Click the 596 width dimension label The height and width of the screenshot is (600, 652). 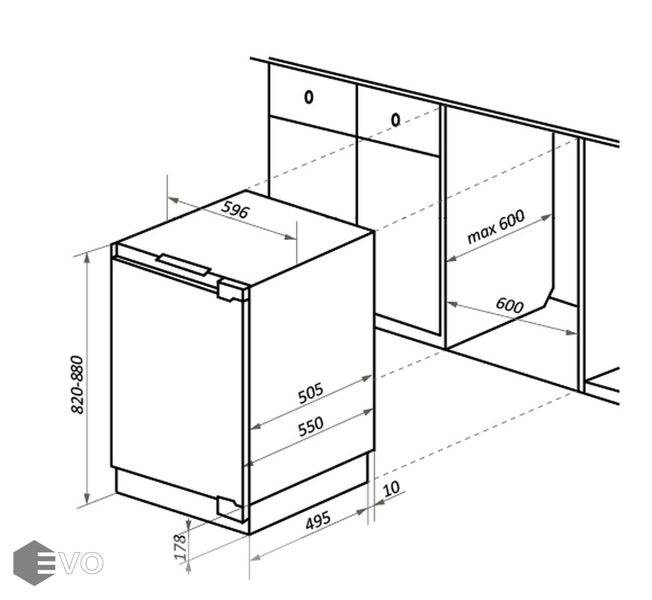235,210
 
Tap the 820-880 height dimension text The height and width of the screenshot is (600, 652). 78,385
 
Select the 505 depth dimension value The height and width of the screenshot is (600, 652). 311,393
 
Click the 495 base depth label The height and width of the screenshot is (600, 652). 318,520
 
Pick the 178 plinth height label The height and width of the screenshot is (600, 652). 179,547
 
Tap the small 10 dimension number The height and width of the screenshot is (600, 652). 391,489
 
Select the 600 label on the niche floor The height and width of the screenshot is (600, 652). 509,305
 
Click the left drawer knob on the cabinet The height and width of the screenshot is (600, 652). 309,97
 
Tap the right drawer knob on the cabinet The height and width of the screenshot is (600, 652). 395,120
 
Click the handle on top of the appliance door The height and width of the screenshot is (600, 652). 183,265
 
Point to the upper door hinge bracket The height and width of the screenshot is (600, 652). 231,291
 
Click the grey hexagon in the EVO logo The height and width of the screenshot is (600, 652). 34,563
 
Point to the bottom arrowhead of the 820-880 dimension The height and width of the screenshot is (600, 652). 87,497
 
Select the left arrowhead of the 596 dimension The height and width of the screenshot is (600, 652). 172,201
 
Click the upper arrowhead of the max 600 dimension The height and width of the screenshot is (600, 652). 547,217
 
